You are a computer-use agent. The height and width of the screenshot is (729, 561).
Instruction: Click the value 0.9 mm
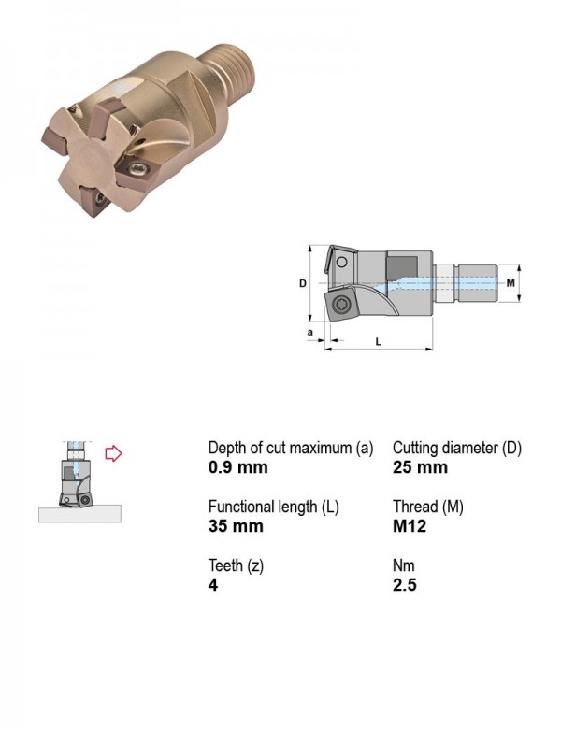pos(238,467)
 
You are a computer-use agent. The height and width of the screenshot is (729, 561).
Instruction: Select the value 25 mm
pos(420,467)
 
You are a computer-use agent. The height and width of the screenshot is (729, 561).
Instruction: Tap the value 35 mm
pos(236,526)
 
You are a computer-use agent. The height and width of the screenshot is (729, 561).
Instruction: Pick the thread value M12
pos(410,526)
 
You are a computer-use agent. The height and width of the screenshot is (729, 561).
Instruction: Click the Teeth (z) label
pos(236,565)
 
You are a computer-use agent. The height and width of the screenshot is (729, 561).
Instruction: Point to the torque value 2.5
pos(404,585)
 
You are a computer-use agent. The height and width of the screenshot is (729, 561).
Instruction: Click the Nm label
pos(403,565)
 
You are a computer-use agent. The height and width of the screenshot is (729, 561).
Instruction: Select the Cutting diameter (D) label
pos(457,449)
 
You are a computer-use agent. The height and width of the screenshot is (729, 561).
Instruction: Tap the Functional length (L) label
pos(274,507)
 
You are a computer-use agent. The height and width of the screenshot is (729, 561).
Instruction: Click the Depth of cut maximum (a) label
pos(291,449)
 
